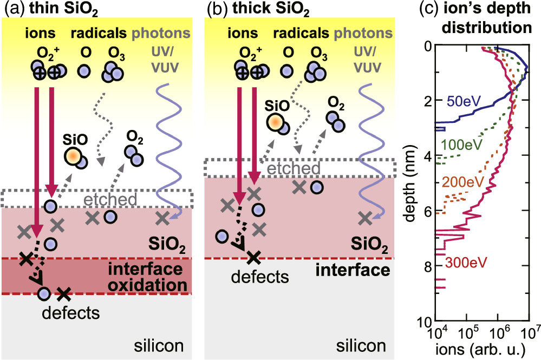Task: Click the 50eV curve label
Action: [x=461, y=101]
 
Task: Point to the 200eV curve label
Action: [x=460, y=182]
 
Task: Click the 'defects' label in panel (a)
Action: [x=63, y=312]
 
